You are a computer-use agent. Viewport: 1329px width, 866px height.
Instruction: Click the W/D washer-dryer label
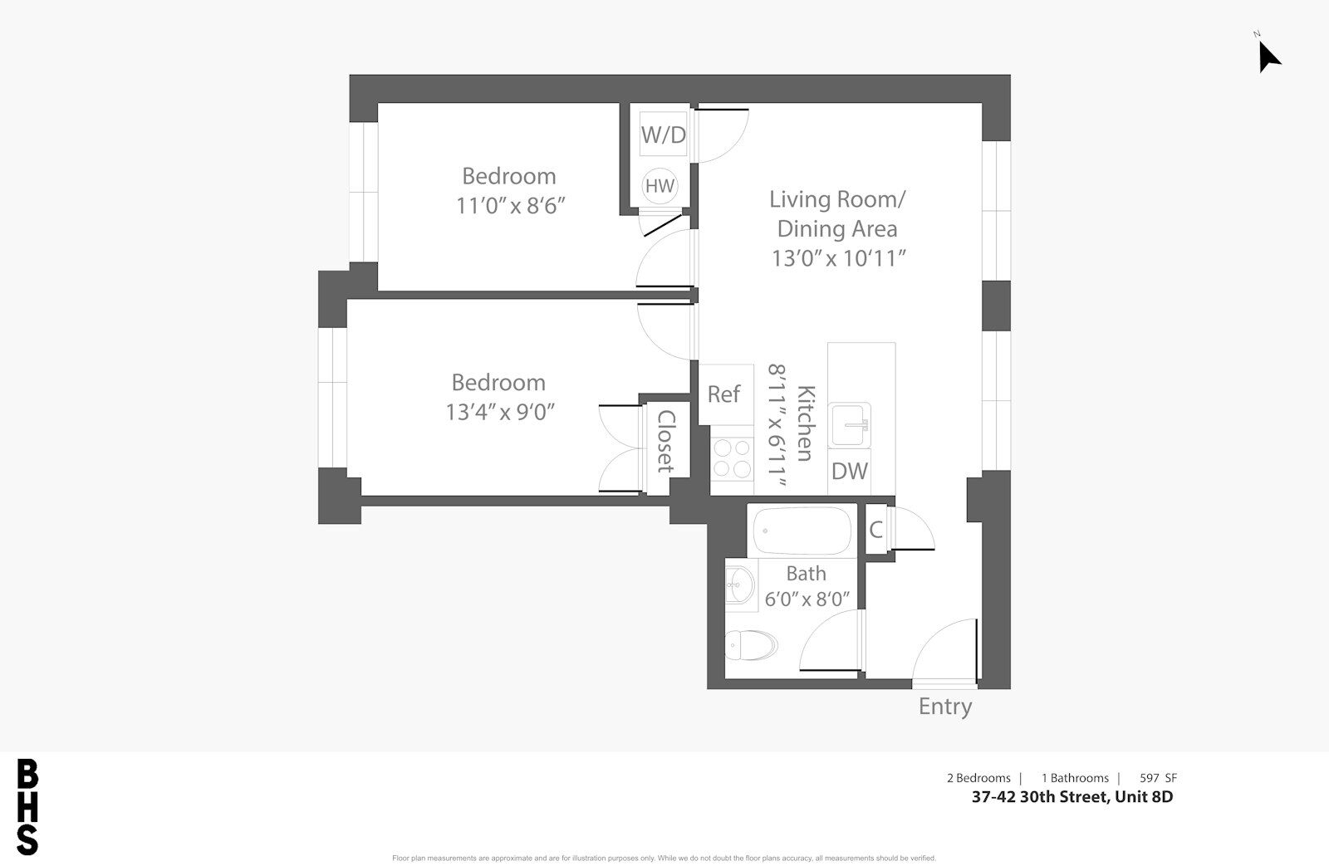point(664,135)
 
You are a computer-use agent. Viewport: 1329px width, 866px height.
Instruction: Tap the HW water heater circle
point(660,186)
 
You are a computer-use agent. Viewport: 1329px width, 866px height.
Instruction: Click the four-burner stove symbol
point(732,459)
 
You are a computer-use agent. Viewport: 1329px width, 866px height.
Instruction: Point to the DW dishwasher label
point(850,472)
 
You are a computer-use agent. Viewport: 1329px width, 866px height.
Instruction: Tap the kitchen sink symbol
point(850,424)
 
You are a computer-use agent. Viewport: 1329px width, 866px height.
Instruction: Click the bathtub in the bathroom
point(802,531)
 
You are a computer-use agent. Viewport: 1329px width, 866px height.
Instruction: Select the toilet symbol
point(751,645)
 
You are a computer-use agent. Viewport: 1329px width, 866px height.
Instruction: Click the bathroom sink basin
point(740,585)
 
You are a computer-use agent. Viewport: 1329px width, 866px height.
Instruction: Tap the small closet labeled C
point(876,529)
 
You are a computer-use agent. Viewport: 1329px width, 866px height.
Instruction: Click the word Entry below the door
point(945,707)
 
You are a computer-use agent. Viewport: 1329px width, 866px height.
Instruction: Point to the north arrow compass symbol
point(1268,55)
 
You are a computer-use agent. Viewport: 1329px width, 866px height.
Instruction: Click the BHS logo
point(27,807)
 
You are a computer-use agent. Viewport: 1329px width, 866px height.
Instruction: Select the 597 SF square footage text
point(1158,778)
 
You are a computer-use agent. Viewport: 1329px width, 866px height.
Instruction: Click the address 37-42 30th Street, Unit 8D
point(1072,796)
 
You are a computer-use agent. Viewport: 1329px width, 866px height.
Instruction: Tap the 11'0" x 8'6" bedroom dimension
point(510,206)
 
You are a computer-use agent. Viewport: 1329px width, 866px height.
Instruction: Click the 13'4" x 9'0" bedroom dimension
point(500,412)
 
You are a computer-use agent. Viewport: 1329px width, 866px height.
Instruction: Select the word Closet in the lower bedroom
point(666,442)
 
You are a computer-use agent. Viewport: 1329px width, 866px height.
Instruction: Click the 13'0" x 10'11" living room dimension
point(838,258)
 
